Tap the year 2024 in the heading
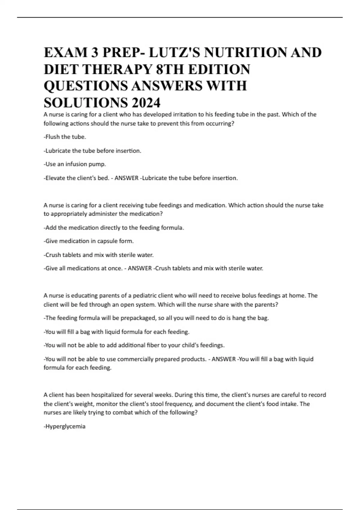coord(145,103)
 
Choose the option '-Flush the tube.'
coord(65,137)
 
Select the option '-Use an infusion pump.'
coord(75,164)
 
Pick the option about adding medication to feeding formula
coord(114,228)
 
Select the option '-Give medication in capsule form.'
coord(88,241)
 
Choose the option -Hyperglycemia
coord(64,426)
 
